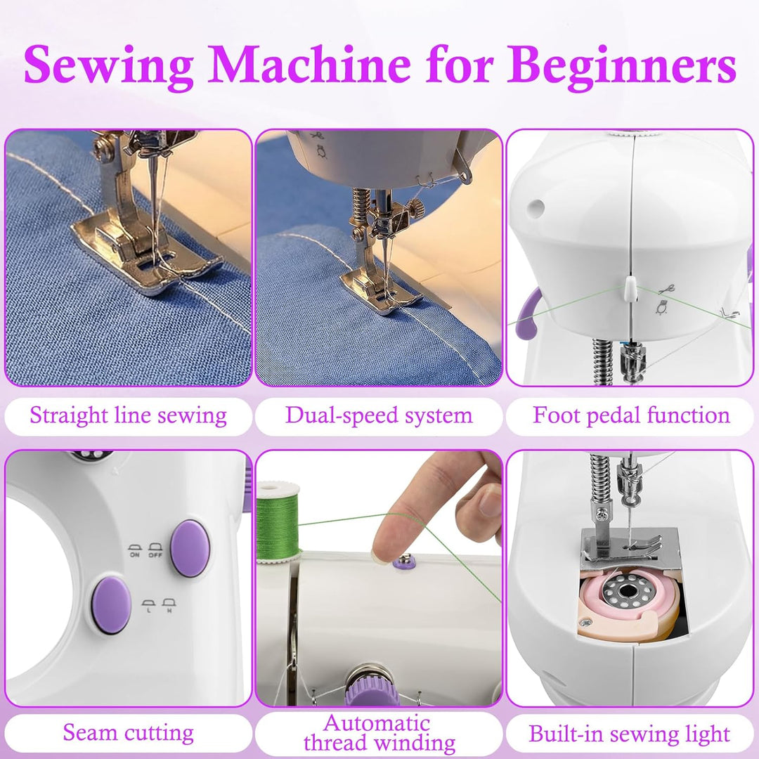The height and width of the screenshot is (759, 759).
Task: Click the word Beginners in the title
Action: tap(621, 65)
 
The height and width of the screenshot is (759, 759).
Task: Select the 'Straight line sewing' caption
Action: tap(129, 416)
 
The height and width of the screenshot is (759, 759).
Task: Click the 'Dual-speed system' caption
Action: tap(379, 416)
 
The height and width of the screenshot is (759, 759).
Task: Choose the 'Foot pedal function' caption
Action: tap(631, 416)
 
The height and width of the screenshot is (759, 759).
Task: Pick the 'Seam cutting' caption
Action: tap(129, 733)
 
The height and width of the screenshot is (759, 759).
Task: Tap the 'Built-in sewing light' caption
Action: tap(629, 734)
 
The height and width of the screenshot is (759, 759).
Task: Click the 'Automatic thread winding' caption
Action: tap(379, 733)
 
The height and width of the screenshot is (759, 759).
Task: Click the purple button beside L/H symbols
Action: tap(111, 604)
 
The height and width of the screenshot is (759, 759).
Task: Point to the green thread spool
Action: tap(278, 523)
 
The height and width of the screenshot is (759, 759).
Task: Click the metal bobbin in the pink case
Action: tap(628, 591)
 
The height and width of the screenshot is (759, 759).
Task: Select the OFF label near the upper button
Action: tap(155, 554)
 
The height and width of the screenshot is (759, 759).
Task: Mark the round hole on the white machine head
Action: tap(536, 207)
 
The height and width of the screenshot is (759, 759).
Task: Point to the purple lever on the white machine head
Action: tap(528, 313)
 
